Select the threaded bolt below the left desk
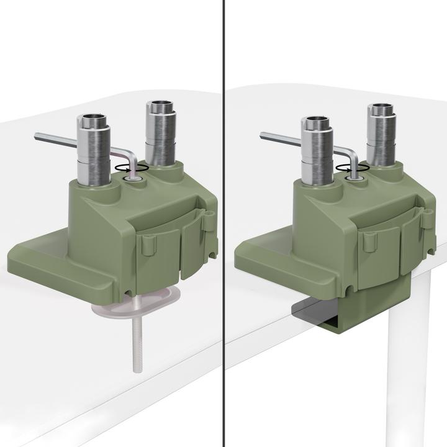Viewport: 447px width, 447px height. [x=136, y=341]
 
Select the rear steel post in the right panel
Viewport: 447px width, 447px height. [x=382, y=136]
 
